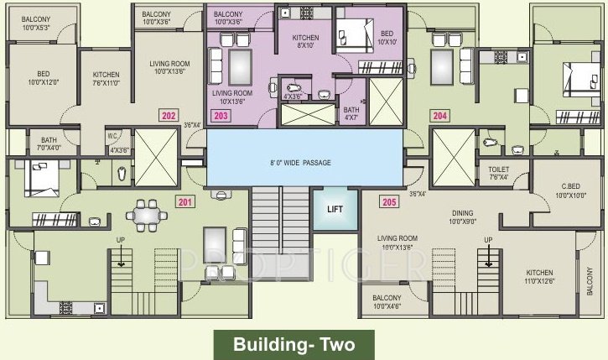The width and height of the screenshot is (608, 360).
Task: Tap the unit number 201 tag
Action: (184, 202)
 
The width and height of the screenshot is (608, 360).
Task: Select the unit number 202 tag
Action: (169, 116)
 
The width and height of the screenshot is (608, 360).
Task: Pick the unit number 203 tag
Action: (221, 116)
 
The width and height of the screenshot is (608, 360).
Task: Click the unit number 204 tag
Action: (439, 116)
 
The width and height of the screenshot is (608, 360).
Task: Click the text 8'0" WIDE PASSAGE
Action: (301, 162)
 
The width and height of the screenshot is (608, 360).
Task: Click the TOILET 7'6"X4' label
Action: (498, 172)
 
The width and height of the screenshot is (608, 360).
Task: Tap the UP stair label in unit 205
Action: (487, 240)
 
